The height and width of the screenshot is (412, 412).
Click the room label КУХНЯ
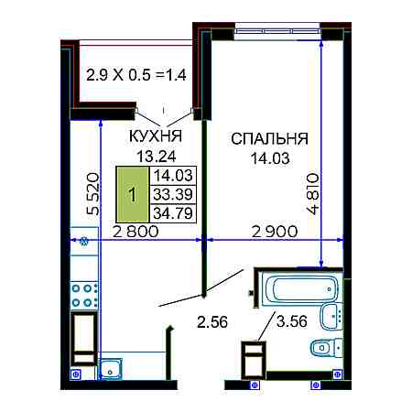coord(156,136)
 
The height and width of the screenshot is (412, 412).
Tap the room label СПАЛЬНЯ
coord(269,139)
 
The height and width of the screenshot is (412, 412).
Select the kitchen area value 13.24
coord(157,157)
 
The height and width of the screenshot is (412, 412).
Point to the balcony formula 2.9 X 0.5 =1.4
coord(136,75)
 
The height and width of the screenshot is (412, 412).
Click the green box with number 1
coord(133,194)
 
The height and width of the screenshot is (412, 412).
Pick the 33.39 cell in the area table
coord(173,194)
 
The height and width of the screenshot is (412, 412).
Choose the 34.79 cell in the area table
coord(173,213)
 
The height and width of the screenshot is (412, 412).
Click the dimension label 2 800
coord(136,232)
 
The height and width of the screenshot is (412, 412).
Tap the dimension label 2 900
coord(275,232)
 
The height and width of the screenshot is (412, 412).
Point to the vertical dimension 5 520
coord(93,194)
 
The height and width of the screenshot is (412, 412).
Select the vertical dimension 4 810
coord(313,194)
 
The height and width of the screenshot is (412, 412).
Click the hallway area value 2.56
coord(212,322)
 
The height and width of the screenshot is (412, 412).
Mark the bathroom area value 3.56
coord(291,321)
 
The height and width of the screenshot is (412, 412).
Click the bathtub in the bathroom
coord(300,288)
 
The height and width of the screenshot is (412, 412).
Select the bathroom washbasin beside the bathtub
coord(331,316)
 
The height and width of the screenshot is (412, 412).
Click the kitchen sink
coord(111,369)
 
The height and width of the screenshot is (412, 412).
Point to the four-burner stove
coord(84,295)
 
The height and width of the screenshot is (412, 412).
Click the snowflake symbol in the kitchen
coord(83,242)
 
